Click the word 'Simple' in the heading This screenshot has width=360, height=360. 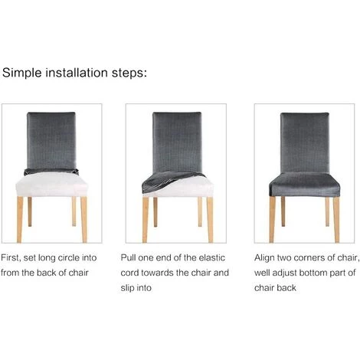coord(22,74)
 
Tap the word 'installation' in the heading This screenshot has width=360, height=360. coord(76,74)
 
